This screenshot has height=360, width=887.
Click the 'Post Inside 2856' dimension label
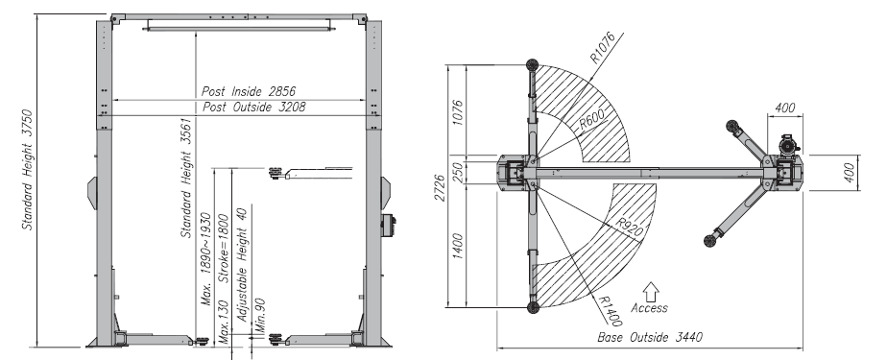(x=249, y=91)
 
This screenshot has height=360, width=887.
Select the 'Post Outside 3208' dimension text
(x=253, y=107)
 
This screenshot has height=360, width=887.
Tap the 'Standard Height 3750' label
(x=27, y=170)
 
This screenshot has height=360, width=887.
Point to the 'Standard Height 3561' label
(x=186, y=178)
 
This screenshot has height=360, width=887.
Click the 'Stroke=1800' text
(x=224, y=248)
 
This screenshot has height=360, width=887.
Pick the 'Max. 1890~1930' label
(x=205, y=258)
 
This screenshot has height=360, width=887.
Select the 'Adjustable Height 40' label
(x=242, y=265)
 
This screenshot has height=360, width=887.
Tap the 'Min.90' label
(x=260, y=315)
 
